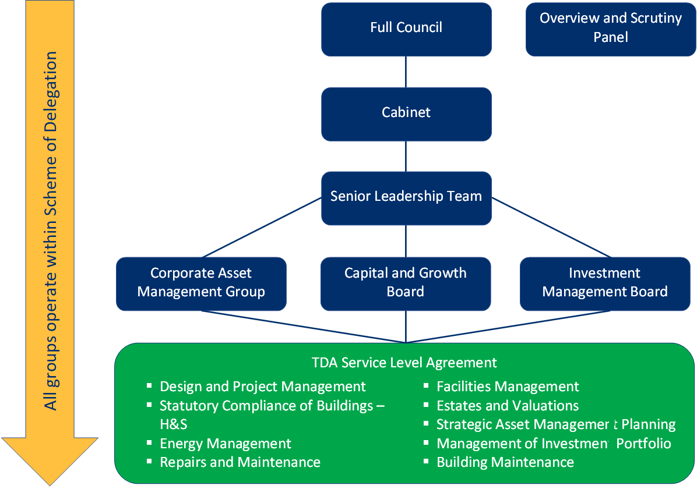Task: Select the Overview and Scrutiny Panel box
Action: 610,29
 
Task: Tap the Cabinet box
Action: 406,112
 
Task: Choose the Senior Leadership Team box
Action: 406,197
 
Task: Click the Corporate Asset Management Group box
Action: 201,283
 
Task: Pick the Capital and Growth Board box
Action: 406,283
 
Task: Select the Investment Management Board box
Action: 605,283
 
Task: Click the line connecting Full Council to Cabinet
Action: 406,72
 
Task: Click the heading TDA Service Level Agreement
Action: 404,363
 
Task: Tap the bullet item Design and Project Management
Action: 262,387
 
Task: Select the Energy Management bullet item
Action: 225,444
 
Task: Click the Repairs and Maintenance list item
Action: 240,462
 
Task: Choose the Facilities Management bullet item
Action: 508,387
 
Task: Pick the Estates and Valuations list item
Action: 508,406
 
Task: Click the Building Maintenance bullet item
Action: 505,462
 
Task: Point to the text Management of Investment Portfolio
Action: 554,444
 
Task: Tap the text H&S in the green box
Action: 173,424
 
